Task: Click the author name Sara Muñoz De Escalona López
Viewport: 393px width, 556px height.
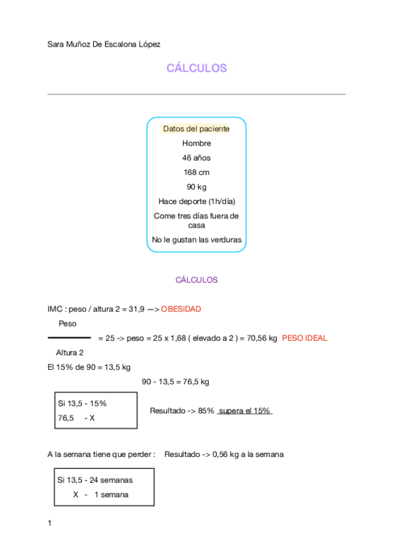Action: click(104, 44)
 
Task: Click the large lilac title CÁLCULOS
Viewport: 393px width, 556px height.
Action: click(196, 68)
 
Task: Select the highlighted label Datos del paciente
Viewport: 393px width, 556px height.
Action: click(196, 129)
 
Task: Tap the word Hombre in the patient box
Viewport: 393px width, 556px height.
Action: click(196, 144)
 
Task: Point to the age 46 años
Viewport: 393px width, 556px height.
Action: click(196, 158)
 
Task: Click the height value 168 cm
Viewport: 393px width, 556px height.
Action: click(196, 172)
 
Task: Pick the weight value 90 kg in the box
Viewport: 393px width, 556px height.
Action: click(196, 187)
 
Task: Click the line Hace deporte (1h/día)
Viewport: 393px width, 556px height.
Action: click(196, 201)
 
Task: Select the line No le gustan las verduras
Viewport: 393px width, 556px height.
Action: click(196, 240)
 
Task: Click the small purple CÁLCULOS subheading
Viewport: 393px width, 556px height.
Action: click(196, 280)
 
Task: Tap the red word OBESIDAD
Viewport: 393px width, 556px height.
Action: click(181, 309)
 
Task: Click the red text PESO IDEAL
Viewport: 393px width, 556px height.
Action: click(304, 338)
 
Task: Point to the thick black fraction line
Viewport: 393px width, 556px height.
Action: click(69, 338)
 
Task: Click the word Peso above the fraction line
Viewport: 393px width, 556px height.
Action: click(68, 324)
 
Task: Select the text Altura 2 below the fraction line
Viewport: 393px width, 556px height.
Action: click(70, 353)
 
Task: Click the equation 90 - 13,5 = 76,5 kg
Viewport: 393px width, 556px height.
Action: click(175, 382)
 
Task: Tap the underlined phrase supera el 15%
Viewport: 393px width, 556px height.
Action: click(244, 411)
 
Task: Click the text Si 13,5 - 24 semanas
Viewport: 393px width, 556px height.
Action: click(94, 480)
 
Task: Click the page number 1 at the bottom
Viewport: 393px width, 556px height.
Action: click(50, 523)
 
